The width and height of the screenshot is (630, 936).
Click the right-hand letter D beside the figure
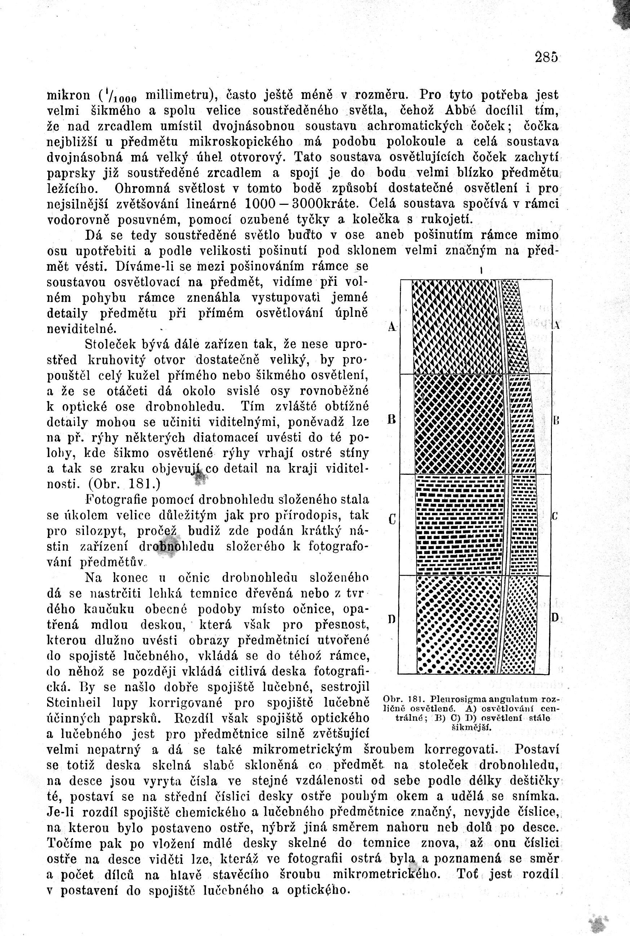pos(555,618)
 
